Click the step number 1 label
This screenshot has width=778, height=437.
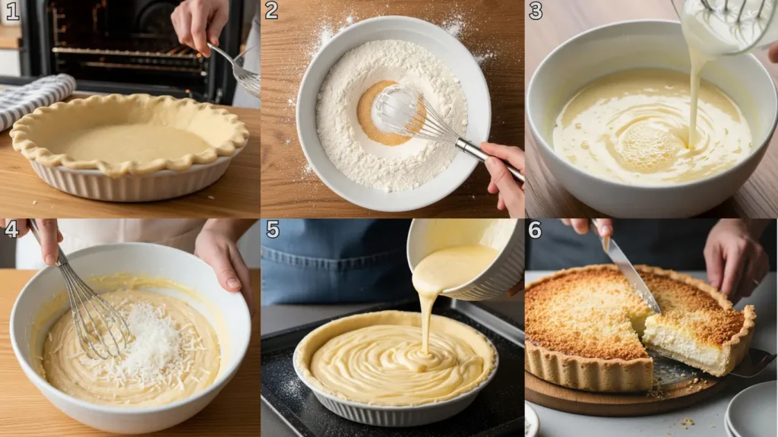(x=11, y=11)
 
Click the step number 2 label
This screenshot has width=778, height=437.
(x=271, y=11)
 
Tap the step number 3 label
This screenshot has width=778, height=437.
(x=536, y=11)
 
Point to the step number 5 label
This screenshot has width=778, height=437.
(x=272, y=230)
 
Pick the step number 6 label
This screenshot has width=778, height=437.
(x=536, y=230)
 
